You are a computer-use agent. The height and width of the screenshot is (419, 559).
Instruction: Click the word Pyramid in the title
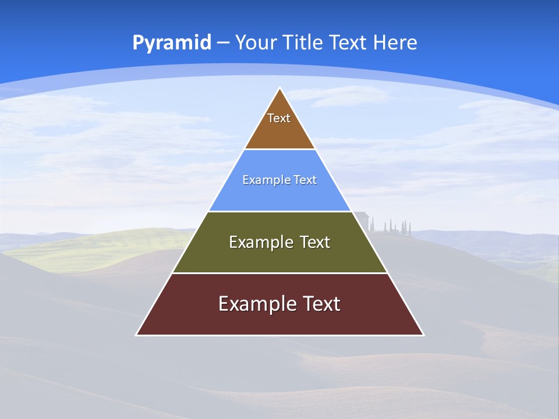(171, 43)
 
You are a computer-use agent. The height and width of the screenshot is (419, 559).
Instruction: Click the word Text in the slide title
(348, 43)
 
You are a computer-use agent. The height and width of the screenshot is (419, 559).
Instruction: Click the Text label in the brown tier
(279, 118)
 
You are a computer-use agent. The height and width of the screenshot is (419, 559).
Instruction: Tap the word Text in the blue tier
(305, 180)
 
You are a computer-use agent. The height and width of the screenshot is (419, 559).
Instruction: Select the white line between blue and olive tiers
(279, 211)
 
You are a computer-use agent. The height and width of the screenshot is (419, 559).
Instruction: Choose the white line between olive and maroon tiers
(279, 273)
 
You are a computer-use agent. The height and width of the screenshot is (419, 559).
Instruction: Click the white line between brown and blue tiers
(279, 150)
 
